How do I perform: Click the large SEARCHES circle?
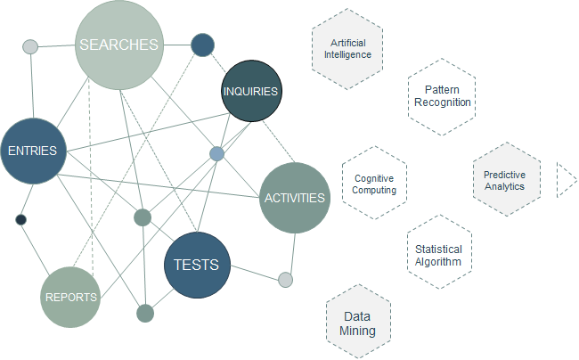[x=118, y=45]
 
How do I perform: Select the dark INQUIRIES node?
[x=251, y=91]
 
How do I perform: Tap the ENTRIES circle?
[x=33, y=151]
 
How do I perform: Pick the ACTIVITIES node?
[x=295, y=198]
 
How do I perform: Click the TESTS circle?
[x=197, y=266]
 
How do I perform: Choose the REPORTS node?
[x=70, y=298]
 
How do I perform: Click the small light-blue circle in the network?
[x=216, y=154]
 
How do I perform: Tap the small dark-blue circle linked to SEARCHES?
[x=202, y=45]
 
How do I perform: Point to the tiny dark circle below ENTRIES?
[x=21, y=220]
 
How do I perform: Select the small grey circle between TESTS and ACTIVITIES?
[x=285, y=280]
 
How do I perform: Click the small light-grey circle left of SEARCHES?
[x=30, y=47]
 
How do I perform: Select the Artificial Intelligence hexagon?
[x=347, y=49]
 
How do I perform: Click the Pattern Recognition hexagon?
[x=442, y=97]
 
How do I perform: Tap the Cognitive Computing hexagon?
[x=374, y=184]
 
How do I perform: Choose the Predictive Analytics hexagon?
[x=507, y=179]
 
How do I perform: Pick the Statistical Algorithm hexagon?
[x=439, y=252]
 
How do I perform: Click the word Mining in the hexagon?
[x=357, y=331]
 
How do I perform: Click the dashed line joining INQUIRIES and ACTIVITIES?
[x=279, y=142]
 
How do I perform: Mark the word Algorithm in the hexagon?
[x=438, y=262]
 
